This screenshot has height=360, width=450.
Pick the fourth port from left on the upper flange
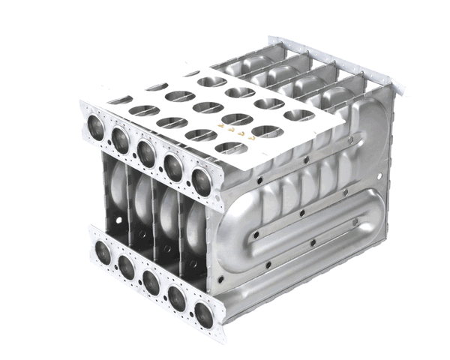coord(173,167)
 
